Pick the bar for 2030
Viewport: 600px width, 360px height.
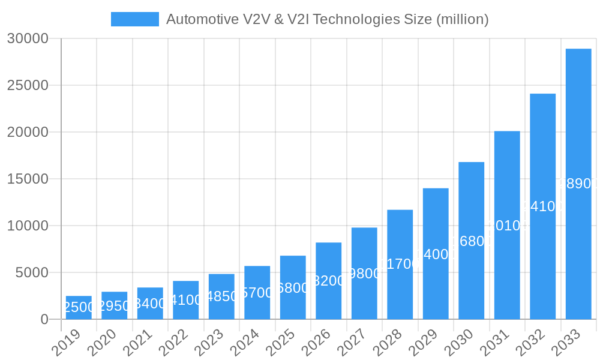472,241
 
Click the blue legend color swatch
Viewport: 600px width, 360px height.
135,19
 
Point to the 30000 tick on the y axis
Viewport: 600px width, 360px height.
28,38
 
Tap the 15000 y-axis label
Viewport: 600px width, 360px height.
28,179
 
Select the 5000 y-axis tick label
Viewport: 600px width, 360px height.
31,272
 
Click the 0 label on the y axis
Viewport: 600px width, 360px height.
44,319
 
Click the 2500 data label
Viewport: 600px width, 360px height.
79,307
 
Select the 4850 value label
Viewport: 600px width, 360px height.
221,296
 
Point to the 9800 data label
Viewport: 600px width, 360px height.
364,274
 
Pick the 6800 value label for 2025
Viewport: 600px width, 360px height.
293,288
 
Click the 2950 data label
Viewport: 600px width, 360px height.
115,306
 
